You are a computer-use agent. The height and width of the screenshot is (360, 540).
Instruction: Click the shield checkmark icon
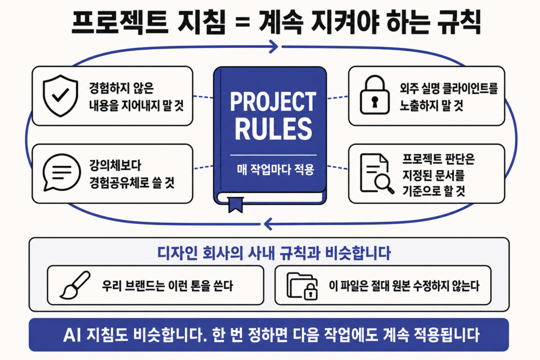pos(60,95)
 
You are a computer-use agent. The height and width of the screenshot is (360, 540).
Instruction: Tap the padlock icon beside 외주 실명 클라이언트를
pos(375,95)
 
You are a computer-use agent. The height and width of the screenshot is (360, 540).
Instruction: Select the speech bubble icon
pos(61,172)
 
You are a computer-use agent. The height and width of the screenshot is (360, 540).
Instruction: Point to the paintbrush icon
pos(74,285)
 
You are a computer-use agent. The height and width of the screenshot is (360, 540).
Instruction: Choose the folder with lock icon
pos(302,286)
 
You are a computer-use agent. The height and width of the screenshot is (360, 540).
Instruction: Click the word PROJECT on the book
pos(273,102)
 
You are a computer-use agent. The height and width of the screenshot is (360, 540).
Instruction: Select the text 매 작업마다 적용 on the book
pos(275,169)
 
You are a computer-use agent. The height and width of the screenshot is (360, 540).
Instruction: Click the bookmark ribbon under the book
pos(236,205)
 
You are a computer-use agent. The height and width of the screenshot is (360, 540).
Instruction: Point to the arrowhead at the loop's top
pos(274,46)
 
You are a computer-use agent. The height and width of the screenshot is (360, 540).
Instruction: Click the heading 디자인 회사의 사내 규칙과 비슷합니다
pos(274,254)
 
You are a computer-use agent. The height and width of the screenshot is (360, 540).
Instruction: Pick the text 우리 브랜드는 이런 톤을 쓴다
pos(167,286)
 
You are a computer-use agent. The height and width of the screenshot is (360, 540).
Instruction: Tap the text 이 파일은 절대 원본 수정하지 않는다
pos(404,286)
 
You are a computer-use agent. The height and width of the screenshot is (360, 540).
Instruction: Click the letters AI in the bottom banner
pos(72,335)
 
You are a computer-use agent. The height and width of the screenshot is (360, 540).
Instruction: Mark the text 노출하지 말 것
pos(431,105)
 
